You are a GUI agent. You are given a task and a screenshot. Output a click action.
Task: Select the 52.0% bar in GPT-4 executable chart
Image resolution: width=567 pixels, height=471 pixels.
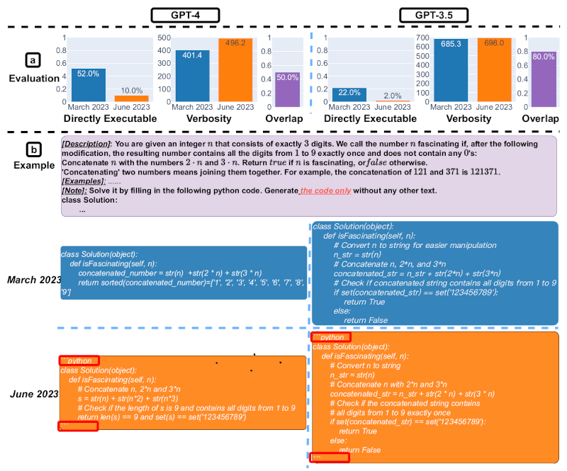89,85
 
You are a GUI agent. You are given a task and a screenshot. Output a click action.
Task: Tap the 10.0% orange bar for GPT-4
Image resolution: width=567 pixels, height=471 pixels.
131,98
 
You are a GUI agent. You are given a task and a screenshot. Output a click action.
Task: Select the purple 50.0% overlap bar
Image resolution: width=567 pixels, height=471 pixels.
287,87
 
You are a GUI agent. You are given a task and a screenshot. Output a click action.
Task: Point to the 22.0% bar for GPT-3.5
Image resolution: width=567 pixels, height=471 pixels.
349,95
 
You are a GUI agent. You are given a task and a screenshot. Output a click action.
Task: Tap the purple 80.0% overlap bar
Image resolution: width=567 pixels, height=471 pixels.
543,76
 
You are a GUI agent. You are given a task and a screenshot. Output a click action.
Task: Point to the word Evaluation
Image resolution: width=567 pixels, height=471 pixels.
33,79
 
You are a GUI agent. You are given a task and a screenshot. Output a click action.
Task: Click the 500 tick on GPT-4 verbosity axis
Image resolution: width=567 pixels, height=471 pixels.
162,38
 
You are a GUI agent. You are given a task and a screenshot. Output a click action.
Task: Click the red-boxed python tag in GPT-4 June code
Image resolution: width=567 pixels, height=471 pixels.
79,361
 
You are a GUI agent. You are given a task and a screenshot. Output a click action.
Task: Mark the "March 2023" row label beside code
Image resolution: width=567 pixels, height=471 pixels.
33,280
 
